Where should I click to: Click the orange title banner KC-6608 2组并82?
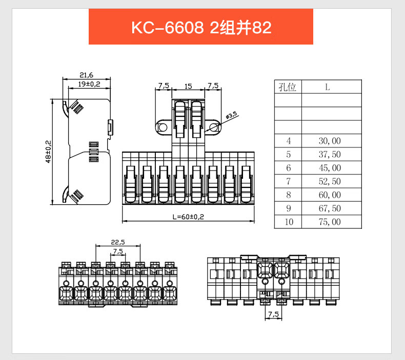[x=201, y=27]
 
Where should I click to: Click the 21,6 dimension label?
[x=86, y=75]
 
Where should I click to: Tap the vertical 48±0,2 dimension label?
[x=48, y=152]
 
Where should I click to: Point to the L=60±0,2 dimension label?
[x=188, y=217]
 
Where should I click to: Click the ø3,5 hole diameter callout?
[x=231, y=115]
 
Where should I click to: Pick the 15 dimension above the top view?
[x=188, y=86]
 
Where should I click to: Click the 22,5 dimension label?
[x=118, y=242]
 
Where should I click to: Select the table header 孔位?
[x=287, y=87]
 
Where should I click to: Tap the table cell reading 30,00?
[x=330, y=141]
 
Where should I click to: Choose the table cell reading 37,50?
[x=330, y=155]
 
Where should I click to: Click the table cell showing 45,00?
[x=330, y=168]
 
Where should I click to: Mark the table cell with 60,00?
[x=330, y=195]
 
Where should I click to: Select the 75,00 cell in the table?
[x=330, y=222]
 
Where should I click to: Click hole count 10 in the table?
[x=288, y=222]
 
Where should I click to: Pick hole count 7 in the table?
[x=288, y=181]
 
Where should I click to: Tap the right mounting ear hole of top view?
[x=214, y=128]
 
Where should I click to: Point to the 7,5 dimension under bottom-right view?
[x=273, y=314]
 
